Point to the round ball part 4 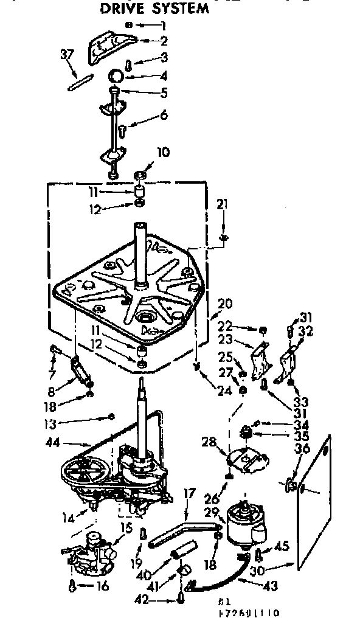[117, 77]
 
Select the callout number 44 [53, 443]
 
